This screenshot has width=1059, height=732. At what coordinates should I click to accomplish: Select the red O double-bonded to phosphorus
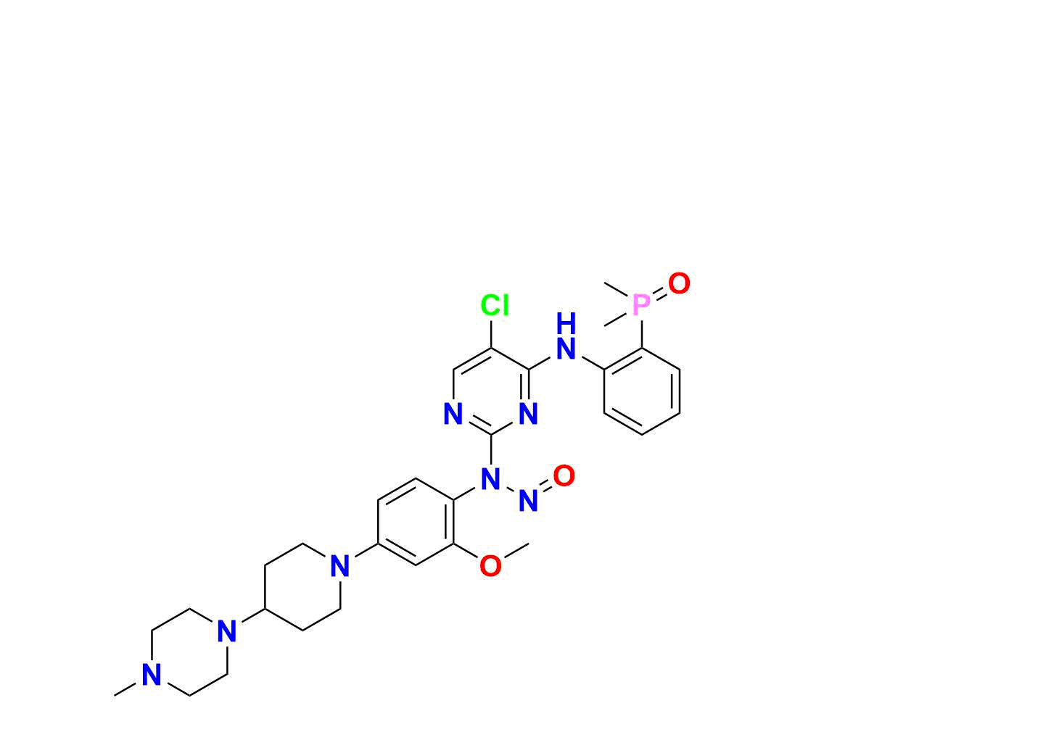[x=679, y=283]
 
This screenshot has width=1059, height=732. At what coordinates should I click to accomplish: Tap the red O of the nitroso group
[x=564, y=475]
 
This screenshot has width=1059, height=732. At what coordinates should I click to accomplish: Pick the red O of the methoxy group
[x=490, y=566]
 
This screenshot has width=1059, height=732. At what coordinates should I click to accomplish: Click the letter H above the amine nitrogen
[x=566, y=323]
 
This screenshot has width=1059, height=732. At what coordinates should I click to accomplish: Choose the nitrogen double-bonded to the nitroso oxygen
[x=528, y=501]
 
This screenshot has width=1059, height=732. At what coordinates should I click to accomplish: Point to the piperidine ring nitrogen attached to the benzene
[x=340, y=566]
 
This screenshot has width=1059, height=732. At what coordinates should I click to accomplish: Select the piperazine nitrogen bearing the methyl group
[x=152, y=675]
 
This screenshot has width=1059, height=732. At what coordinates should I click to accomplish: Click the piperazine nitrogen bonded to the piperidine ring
[x=227, y=631]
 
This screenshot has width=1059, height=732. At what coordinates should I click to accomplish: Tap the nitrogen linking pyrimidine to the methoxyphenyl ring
[x=490, y=479]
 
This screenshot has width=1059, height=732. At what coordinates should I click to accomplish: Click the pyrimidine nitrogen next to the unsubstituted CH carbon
[x=453, y=414]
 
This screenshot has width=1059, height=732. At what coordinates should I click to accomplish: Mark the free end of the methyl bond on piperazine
[x=115, y=696]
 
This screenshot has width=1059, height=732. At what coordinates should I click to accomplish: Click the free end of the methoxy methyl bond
[x=529, y=544]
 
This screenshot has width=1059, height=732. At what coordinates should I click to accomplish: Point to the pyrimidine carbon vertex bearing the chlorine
[x=491, y=349]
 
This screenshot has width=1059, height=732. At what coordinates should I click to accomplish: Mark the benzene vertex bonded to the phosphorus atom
[x=641, y=349]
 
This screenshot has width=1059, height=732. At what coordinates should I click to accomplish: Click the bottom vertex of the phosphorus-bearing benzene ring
[x=641, y=434]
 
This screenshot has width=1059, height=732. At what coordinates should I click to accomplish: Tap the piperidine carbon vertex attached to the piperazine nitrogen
[x=265, y=610]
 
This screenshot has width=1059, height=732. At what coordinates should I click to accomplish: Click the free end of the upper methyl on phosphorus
[x=604, y=283]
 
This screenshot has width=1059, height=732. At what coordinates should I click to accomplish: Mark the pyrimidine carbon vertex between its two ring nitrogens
[x=491, y=434]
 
